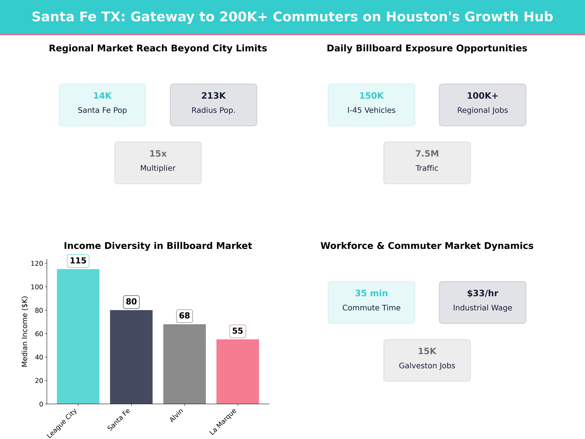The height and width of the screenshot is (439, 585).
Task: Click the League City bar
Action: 78,336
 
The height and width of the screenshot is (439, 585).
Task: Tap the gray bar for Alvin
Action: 184,364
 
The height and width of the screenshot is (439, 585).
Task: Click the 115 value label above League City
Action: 78,261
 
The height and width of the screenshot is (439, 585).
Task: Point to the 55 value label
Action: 238,331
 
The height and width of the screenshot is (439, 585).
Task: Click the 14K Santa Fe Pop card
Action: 102,105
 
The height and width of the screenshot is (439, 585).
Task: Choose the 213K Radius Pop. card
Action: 213,105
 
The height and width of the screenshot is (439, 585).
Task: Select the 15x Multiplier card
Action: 158,163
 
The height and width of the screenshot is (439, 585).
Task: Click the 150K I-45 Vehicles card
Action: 371,105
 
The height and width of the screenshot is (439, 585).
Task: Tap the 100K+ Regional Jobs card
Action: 482,105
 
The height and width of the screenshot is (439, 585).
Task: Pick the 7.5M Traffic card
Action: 427,163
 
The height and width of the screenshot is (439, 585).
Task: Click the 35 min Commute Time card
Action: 371,302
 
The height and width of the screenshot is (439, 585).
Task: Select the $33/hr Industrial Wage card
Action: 482,302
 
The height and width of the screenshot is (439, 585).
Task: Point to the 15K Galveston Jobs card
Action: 427,360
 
